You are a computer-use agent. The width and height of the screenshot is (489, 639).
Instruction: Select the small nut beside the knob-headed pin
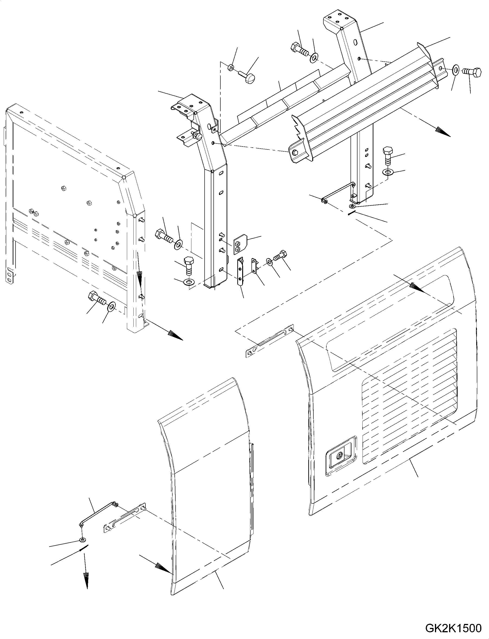231,68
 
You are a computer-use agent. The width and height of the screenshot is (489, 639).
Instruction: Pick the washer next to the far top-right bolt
456,70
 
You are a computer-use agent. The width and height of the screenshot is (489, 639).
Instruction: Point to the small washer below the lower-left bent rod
83,540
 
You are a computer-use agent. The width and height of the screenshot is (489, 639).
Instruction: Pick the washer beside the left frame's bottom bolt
111,306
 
